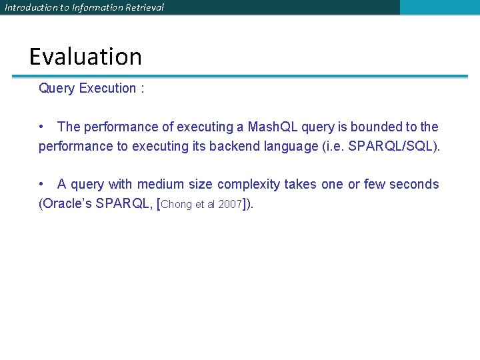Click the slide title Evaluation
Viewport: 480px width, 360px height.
tap(85, 57)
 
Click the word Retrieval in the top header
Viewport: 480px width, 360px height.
tap(141, 7)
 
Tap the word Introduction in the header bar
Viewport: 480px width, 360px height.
tap(30, 7)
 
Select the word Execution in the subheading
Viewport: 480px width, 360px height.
tap(107, 89)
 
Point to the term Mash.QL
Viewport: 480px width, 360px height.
tap(275, 127)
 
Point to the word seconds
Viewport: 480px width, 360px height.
tap(415, 184)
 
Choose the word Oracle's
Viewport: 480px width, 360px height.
tap(67, 204)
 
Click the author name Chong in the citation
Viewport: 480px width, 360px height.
tap(176, 205)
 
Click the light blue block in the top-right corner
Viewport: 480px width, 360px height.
tap(439, 7)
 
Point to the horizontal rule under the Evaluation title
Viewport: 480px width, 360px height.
tap(240, 76)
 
